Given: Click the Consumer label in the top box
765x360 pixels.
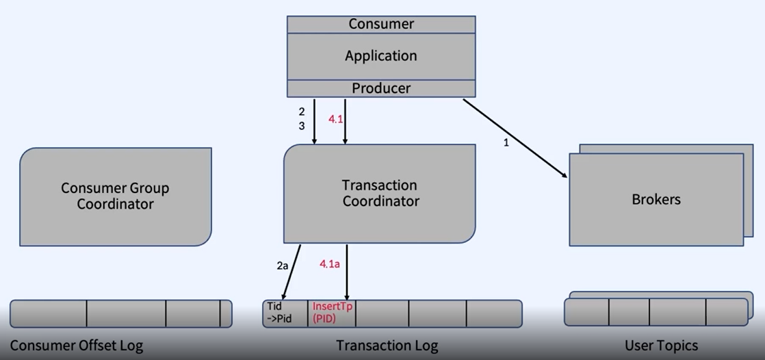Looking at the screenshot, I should tap(381, 24).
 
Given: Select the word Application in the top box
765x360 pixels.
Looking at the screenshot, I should tap(381, 55).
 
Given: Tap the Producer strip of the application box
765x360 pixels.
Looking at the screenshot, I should tap(381, 88).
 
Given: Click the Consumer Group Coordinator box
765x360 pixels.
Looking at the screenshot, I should tap(115, 196).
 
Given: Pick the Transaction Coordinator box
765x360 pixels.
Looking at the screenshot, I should tap(380, 193).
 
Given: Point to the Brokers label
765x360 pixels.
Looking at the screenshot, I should tap(656, 200).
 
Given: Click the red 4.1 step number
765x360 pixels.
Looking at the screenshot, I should tap(336, 119).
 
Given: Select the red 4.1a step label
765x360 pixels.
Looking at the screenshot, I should tap(330, 263).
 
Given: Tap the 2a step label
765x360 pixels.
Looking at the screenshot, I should tap(282, 266).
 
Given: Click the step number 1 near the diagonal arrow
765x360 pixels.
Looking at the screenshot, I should tap(506, 144).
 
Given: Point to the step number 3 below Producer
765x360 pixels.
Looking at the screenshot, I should tap(301, 126).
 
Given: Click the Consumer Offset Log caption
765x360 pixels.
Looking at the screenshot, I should tap(77, 345).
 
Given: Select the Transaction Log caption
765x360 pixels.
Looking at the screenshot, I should tap(387, 345).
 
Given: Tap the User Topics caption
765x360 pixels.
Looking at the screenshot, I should tap(661, 345).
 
